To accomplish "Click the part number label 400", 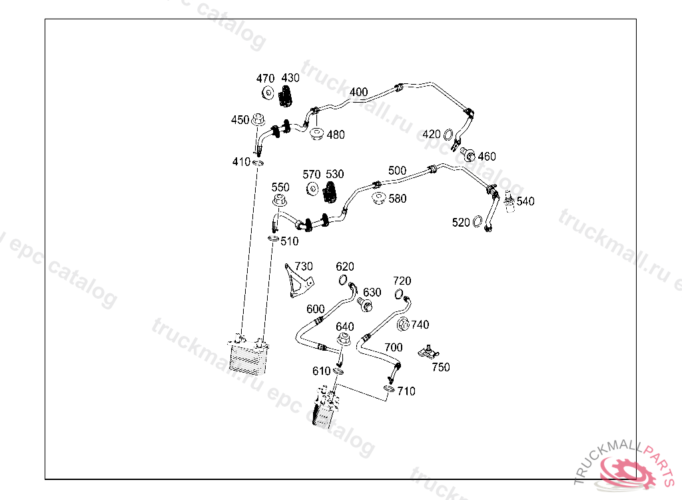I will coord(358,92).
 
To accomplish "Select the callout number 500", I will coord(397,171).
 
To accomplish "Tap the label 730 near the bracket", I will coord(304,267).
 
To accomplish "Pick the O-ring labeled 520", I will coord(478,221).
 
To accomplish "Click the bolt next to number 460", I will coord(469,156).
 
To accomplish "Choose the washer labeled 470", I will coord(267,93).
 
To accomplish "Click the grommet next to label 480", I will coord(317,134).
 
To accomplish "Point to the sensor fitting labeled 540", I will coord(511,202).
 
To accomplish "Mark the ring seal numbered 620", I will coord(343,279).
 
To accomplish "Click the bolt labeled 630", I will coord(365,305).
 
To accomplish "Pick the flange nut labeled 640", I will coord(343,342).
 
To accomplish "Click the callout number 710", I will coord(406,391).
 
